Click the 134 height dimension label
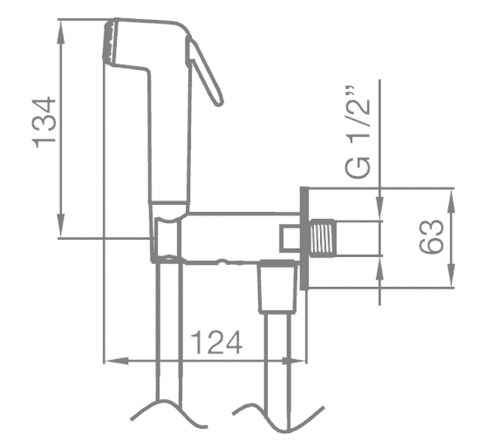[x=44, y=122]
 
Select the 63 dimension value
[x=432, y=237]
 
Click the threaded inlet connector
[x=322, y=239]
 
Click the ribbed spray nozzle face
[x=110, y=41]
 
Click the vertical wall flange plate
[x=304, y=239]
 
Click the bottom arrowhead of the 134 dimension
[x=61, y=226]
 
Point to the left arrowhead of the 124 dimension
[x=117, y=361]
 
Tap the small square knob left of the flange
[x=290, y=239]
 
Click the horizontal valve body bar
[x=241, y=238]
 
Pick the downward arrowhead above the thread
[x=380, y=209]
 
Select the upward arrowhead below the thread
[x=380, y=268]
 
